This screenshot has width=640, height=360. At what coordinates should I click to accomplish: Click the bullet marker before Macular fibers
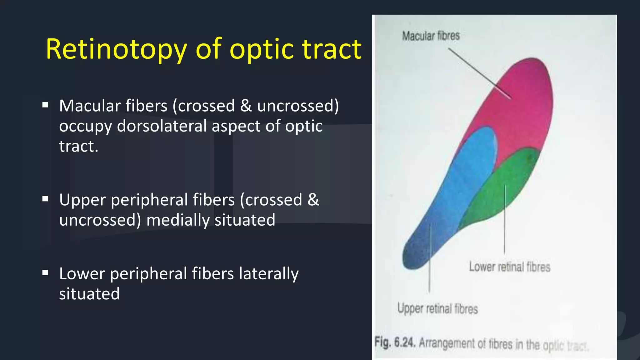point(45,105)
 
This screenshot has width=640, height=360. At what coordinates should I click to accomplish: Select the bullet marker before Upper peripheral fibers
point(45,199)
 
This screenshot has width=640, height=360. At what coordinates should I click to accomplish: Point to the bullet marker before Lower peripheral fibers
point(45,273)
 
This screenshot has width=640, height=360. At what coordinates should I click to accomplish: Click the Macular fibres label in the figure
point(431,36)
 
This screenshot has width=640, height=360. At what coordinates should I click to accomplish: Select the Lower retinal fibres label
point(509,267)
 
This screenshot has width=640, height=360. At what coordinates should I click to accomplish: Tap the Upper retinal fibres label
point(437,309)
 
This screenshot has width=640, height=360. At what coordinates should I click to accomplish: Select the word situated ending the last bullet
point(89,294)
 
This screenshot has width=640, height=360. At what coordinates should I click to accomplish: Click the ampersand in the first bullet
point(246,106)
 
